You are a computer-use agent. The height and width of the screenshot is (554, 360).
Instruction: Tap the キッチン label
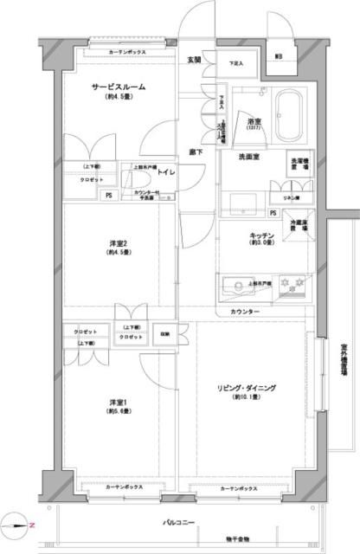coord(261,235)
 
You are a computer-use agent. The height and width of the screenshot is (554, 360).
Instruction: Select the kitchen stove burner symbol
coord(297,283)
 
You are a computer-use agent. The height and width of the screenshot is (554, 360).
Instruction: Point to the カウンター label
coord(245,311)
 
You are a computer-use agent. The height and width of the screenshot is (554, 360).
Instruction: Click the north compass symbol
coord(19,524)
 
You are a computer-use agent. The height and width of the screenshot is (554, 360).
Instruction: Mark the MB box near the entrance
coord(279,56)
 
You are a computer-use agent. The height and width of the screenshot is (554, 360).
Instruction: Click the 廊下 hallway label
coord(197,152)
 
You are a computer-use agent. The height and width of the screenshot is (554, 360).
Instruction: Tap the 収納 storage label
coord(164,334)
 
